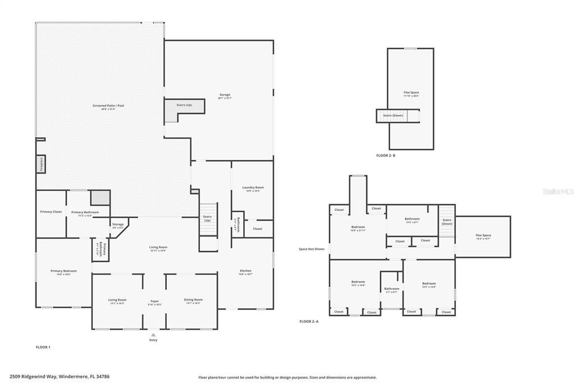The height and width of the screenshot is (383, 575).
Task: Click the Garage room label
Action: pos(225,95)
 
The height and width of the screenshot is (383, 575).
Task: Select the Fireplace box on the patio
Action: pos(40,163)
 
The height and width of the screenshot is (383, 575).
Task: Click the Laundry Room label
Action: pos(253,188)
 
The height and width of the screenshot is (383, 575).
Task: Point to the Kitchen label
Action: pos(245,271)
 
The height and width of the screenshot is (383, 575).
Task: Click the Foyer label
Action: pos(154,301)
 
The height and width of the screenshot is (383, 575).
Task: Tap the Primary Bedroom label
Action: pos(63,271)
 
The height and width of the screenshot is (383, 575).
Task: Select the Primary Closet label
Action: pos(51,212)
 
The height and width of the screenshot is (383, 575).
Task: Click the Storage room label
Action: pos(117,225)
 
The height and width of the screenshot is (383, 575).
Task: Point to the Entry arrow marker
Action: pos(153,335)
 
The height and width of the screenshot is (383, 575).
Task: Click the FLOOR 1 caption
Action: pos(43,347)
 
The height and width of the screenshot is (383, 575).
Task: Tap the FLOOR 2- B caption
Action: pos(386,155)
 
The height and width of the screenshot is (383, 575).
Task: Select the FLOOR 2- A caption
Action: pos(309,321)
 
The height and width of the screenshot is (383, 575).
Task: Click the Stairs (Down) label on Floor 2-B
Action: pos(393,115)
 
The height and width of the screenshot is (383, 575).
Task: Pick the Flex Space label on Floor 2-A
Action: pos(483,235)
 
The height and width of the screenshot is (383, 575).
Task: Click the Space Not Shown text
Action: pos(312,249)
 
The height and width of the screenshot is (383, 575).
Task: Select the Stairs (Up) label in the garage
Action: pos(184,105)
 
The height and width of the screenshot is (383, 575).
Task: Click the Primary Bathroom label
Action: pos(85,212)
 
